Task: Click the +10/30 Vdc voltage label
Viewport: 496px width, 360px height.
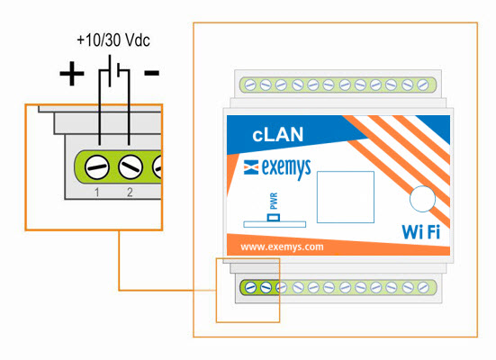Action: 113,40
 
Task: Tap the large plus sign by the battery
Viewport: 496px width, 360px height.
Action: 72,74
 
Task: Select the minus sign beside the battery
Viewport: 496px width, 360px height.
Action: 152,74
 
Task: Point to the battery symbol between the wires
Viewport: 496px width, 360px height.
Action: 114,71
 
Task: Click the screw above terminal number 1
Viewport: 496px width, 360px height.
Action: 97,167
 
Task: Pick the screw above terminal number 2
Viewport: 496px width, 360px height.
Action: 131,166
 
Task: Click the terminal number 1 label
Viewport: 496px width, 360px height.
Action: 97,192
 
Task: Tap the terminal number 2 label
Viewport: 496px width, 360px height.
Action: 130,192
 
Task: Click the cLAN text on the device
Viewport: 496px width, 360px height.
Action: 278,134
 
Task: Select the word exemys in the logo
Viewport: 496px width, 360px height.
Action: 286,168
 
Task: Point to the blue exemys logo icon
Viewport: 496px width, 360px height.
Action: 251,167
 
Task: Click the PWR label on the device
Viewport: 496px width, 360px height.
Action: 274,202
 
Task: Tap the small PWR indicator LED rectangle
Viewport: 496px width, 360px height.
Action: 274,218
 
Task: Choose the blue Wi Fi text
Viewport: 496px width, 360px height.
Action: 420,232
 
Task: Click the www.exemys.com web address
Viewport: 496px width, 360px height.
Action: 282,247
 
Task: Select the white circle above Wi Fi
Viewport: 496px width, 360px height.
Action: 422,199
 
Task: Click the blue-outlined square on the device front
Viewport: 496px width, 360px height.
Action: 346,197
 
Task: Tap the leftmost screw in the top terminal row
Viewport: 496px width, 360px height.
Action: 250,85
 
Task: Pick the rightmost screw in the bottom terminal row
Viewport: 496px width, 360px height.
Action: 423,288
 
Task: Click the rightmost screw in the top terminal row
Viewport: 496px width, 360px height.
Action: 423,85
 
